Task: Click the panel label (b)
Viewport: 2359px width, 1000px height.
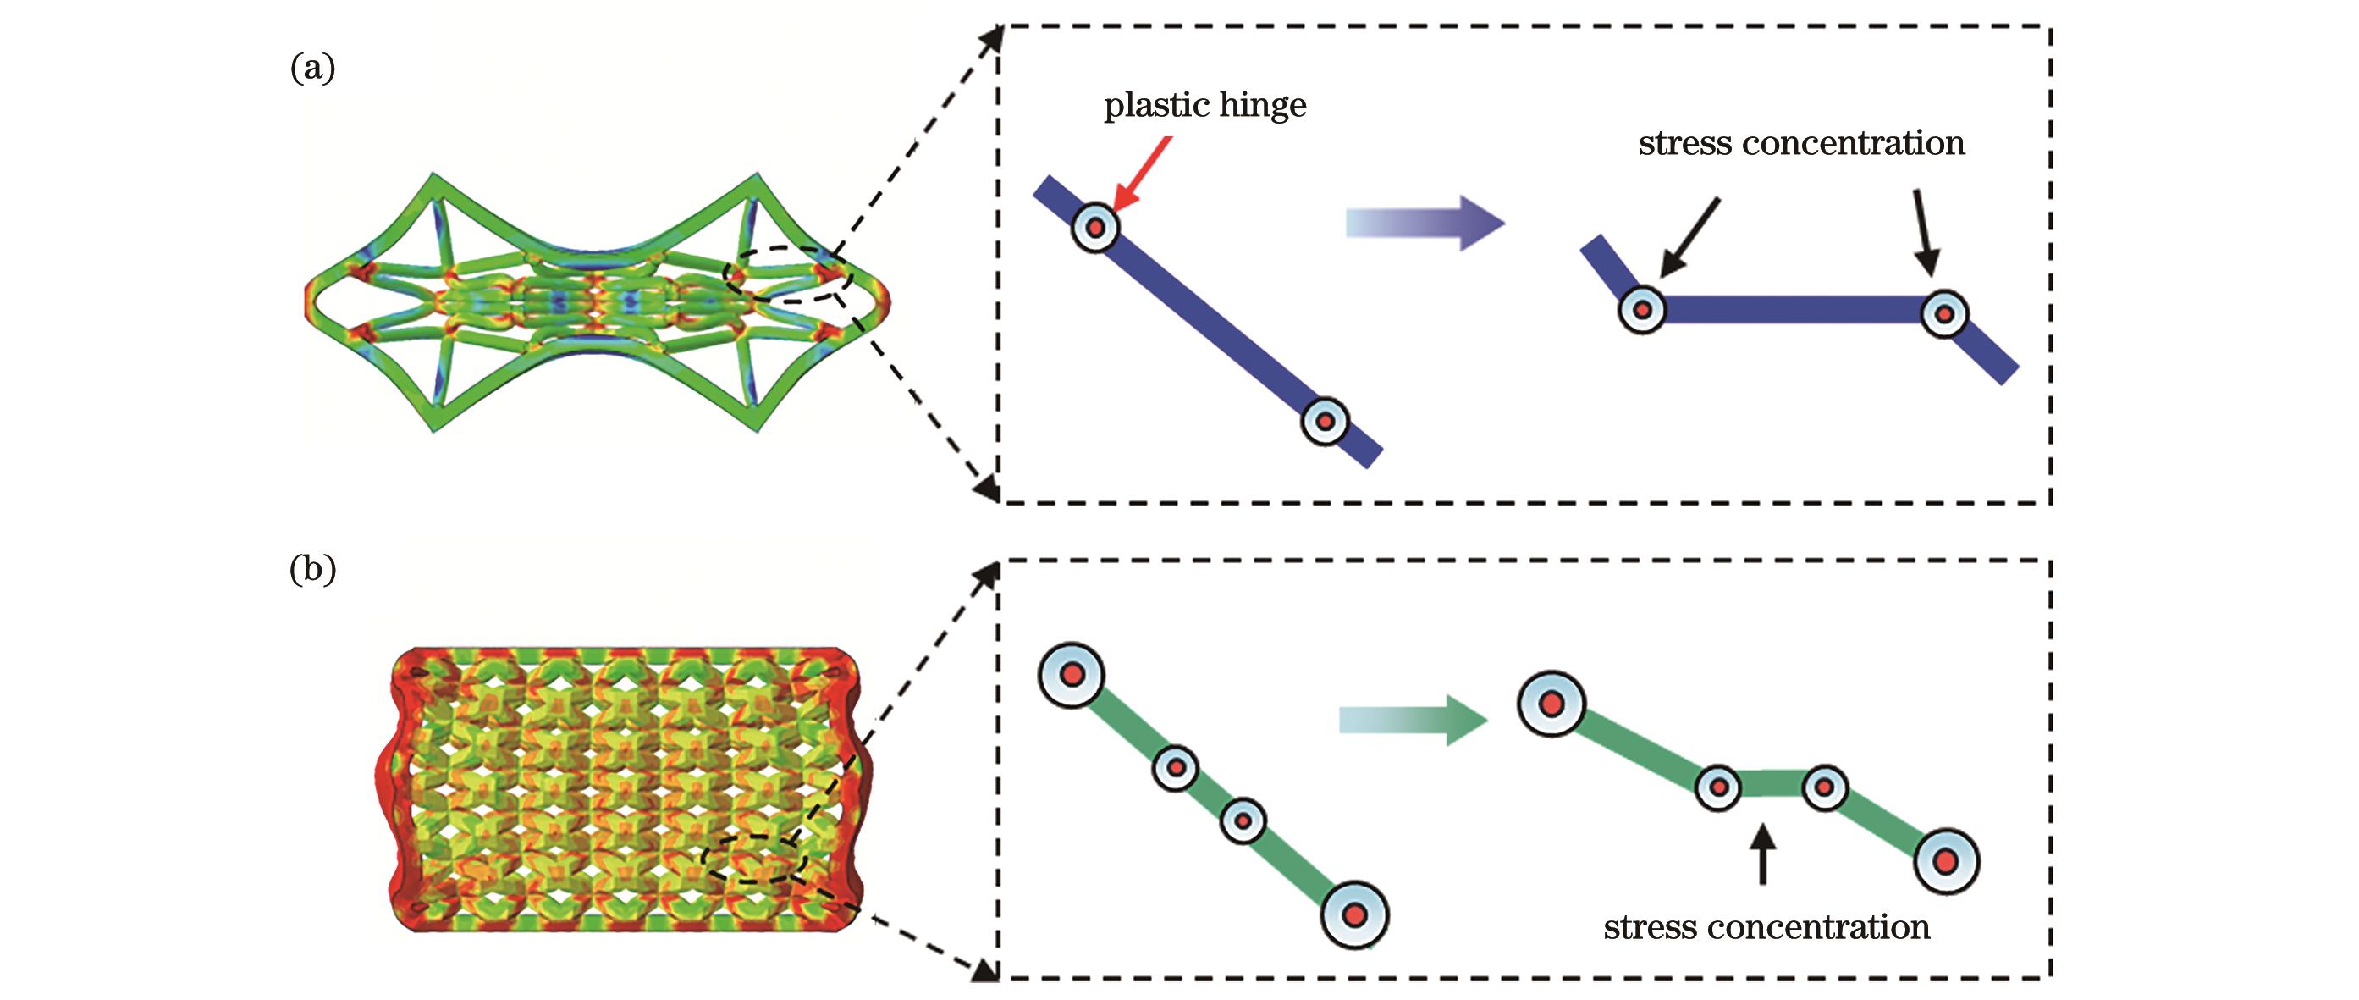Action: pos(312,570)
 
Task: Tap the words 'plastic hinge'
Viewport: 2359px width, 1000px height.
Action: pos(1204,106)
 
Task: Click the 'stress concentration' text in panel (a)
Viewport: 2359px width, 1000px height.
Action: pos(1801,144)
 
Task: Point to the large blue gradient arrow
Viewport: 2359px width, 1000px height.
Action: pos(1424,223)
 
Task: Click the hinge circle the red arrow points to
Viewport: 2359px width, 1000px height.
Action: pos(1094,227)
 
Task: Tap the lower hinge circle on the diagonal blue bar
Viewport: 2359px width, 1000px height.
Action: pos(1326,421)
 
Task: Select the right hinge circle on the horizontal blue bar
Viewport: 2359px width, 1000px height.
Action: pos(1943,314)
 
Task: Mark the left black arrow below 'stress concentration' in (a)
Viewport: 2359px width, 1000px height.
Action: pos(1689,236)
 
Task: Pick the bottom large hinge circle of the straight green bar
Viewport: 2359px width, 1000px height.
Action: pos(1354,914)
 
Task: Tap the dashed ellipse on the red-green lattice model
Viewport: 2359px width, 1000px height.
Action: pos(756,859)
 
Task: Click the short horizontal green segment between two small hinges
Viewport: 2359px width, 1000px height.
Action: pos(1771,786)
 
